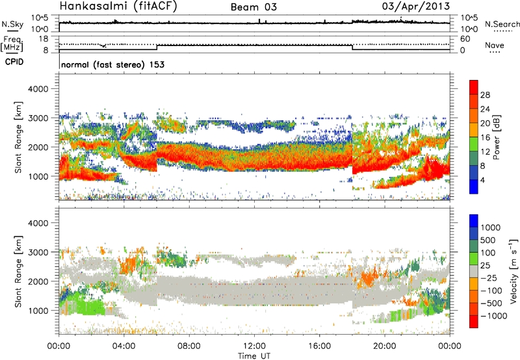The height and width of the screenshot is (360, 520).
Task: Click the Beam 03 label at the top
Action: coord(256,8)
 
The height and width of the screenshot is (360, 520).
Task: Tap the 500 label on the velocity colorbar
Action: coord(489,240)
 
